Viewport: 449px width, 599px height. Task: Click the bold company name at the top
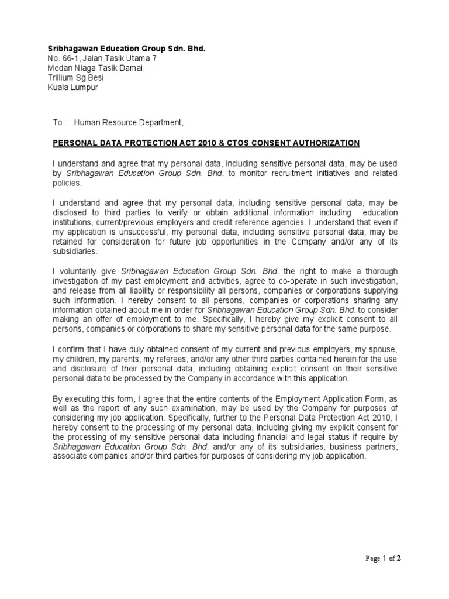tap(126, 48)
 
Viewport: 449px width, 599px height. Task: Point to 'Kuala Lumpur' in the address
tap(73, 88)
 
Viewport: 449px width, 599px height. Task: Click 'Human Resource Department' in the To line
tap(128, 122)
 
